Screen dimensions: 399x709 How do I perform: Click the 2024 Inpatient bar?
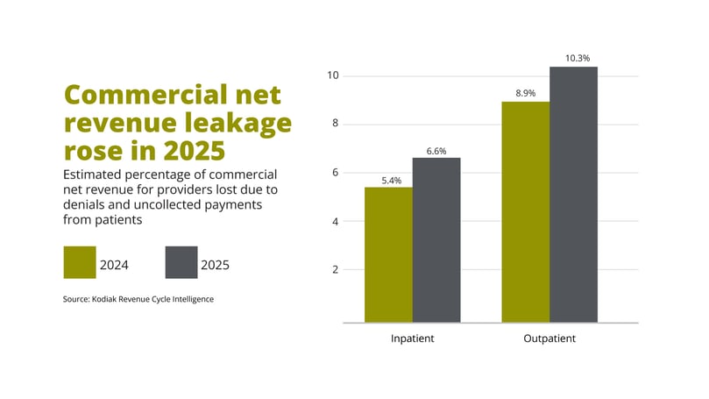coord(388,254)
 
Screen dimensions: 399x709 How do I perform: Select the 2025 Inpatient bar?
coord(436,240)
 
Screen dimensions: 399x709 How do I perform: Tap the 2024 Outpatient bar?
coord(525,212)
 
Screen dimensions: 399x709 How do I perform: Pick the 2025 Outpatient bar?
coord(573,195)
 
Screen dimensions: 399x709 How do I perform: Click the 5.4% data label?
coord(391,181)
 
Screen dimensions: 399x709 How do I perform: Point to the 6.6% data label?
coord(436,151)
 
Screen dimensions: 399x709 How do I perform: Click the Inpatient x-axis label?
coord(412,338)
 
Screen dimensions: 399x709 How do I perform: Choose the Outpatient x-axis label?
coord(549,338)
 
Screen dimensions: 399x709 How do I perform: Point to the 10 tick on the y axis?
coord(332,75)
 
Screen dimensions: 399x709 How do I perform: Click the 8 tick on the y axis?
coord(335,125)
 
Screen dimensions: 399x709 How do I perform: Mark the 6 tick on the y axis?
coord(335,173)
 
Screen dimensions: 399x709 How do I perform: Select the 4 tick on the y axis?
coord(335,221)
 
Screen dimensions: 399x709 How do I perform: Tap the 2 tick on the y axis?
coord(335,269)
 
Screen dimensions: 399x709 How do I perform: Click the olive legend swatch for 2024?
coord(79,262)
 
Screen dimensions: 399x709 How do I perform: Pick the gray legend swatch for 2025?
coord(181,262)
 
